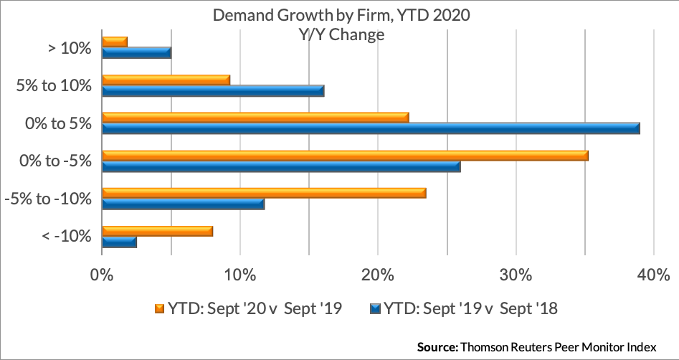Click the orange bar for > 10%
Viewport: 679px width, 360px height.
(x=115, y=42)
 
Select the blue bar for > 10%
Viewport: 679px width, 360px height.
(x=137, y=53)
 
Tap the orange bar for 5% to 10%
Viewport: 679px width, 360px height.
(x=166, y=80)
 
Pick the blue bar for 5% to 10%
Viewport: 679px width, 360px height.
(x=213, y=91)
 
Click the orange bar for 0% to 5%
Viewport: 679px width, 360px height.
(x=255, y=118)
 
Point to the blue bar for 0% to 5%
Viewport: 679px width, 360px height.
(x=371, y=128)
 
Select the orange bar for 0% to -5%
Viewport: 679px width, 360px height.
(x=345, y=156)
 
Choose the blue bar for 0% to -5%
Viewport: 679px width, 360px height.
(x=282, y=166)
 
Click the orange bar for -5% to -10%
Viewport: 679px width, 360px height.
(x=264, y=193)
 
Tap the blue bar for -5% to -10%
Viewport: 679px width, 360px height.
(x=183, y=204)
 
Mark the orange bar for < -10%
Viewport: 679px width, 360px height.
(x=158, y=232)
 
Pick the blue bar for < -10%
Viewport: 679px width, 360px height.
(x=120, y=242)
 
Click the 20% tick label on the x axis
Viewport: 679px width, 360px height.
(x=378, y=275)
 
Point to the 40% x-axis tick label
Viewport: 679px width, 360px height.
(x=654, y=275)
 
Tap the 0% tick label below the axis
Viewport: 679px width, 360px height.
(x=103, y=275)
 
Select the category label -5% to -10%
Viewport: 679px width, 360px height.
(x=48, y=199)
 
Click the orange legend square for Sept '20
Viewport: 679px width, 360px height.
(x=160, y=309)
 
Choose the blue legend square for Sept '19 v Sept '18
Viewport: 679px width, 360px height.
(x=376, y=309)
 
